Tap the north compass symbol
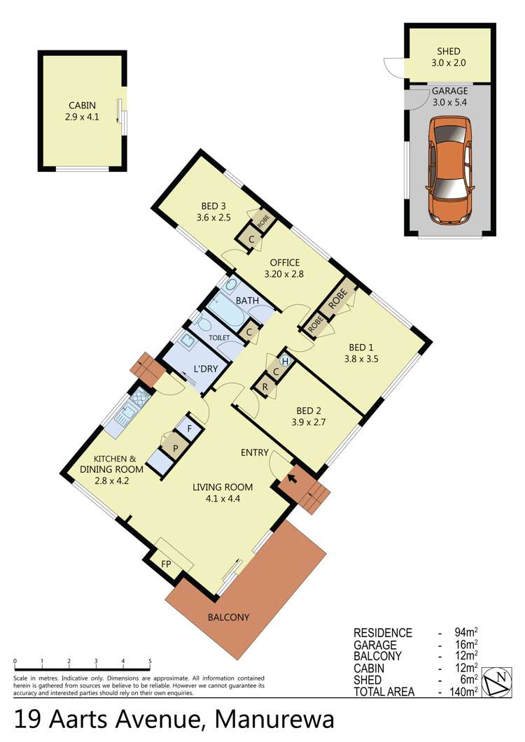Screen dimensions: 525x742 496,682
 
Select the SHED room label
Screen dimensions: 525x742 448,51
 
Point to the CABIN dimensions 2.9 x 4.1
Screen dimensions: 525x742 83,117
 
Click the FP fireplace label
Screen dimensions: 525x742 167,564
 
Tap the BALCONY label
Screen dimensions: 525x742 228,617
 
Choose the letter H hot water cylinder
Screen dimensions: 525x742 285,362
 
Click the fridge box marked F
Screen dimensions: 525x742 190,429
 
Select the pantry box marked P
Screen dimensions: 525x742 175,447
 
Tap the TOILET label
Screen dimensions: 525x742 219,338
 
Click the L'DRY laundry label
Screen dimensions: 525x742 206,368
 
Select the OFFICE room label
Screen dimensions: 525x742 285,262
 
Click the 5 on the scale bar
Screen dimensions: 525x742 150,661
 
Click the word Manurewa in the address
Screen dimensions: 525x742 275,720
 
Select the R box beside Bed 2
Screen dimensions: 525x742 265,387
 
